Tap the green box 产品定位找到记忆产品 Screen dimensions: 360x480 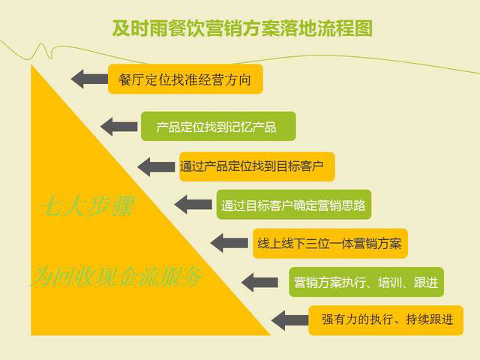(217, 126)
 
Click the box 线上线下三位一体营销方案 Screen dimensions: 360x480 (330, 243)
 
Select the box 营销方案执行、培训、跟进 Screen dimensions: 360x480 (366, 282)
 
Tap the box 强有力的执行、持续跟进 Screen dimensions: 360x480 (385, 320)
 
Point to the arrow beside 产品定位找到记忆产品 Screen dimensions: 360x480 (119, 126)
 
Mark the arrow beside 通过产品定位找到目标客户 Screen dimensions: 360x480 (155, 166)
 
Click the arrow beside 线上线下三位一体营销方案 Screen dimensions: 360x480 (228, 243)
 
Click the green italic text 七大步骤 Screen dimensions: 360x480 (86, 207)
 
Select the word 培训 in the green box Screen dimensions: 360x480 (385, 282)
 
